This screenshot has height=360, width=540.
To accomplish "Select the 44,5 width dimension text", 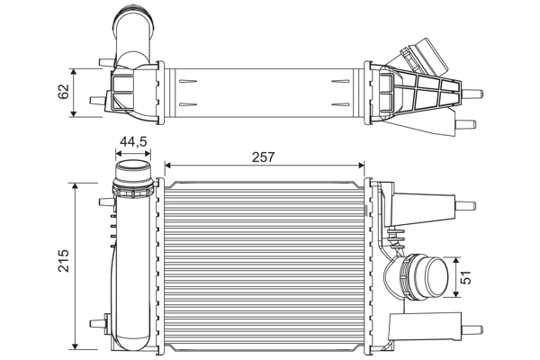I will tap(134, 141).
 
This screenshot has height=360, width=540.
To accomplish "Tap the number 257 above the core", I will tap(263, 156).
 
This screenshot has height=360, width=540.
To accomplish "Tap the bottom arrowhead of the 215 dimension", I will tap(76, 346).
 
